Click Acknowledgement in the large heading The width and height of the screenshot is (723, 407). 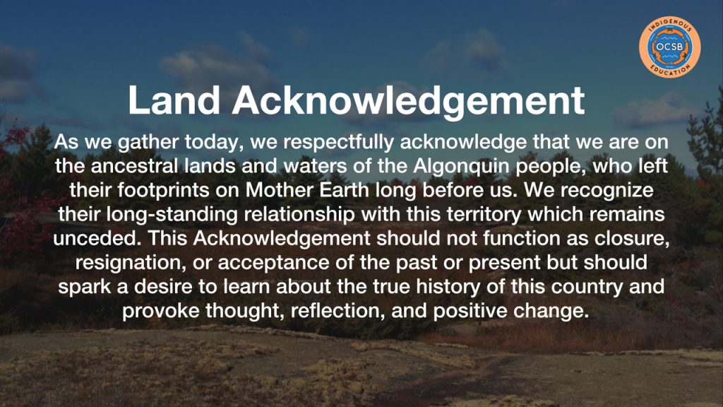click(409, 101)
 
